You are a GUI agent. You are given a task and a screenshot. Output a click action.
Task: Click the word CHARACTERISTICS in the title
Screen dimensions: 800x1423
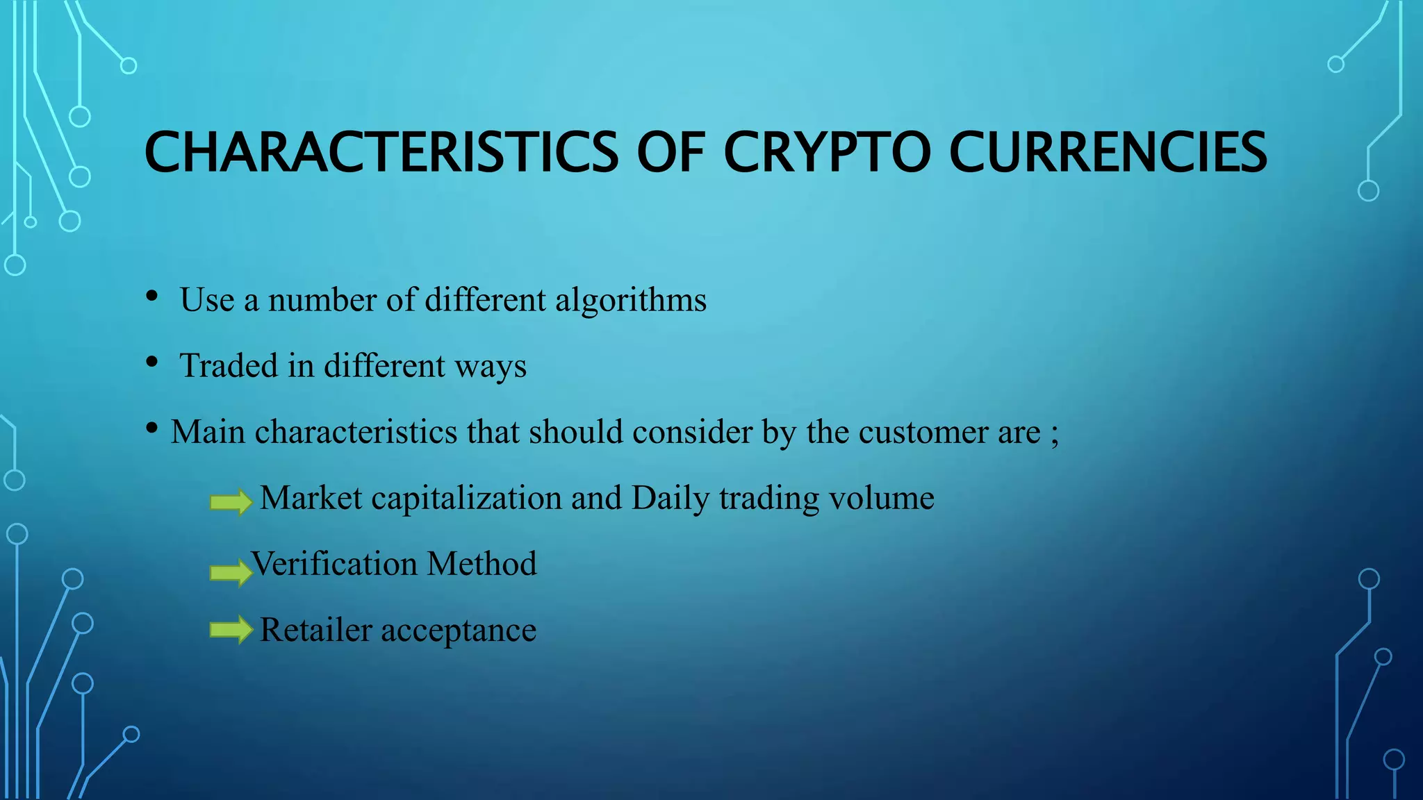(381, 152)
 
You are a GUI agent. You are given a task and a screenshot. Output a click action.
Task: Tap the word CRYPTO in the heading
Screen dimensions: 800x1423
(827, 152)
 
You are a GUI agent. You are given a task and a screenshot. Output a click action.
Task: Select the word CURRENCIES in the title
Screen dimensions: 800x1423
(1108, 152)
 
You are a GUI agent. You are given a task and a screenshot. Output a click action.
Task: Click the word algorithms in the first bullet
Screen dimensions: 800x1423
(630, 301)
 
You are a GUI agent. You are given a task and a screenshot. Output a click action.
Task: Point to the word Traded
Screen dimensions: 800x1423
(229, 365)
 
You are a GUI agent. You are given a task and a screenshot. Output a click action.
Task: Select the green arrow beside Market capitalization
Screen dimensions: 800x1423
(231, 501)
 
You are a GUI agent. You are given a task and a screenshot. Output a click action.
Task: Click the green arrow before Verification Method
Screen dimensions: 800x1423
(231, 572)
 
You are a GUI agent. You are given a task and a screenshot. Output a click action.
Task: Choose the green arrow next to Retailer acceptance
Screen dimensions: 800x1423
(231, 630)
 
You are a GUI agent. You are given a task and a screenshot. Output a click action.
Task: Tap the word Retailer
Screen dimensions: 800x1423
(316, 630)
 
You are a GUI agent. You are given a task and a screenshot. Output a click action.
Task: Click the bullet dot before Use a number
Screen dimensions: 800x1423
(151, 297)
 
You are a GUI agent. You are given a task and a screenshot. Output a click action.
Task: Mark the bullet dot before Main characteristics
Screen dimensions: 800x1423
(151, 428)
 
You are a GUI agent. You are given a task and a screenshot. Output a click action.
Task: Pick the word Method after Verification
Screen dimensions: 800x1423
(482, 564)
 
